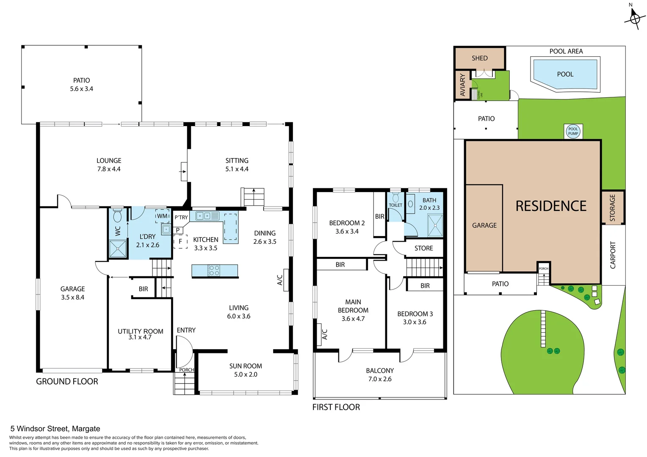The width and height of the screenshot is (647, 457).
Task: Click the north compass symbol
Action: click(x=635, y=18)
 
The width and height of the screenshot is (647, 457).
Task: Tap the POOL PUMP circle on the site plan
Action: click(x=573, y=131)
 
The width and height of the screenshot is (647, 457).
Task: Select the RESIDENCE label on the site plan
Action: click(x=550, y=206)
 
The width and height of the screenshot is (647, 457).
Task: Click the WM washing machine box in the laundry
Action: click(x=162, y=216)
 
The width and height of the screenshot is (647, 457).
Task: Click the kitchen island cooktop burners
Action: click(x=214, y=270)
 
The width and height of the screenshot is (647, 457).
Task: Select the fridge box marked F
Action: click(x=180, y=242)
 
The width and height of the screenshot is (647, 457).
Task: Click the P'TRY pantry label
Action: click(x=181, y=217)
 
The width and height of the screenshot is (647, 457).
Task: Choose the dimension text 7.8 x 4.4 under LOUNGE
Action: click(x=109, y=169)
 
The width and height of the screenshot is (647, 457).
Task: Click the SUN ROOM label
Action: click(x=246, y=366)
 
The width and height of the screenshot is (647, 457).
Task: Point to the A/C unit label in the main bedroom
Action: click(x=325, y=334)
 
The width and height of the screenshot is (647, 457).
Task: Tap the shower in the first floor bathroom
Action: click(x=435, y=225)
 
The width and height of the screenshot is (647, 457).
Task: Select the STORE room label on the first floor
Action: click(x=423, y=248)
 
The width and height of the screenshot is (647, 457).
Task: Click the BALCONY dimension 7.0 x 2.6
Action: click(x=380, y=379)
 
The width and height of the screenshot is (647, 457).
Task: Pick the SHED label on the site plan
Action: click(x=480, y=58)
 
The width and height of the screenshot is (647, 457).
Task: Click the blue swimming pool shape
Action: click(x=565, y=74)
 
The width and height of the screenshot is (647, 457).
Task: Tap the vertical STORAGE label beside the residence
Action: click(x=612, y=208)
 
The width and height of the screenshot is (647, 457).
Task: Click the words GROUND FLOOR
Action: click(x=67, y=381)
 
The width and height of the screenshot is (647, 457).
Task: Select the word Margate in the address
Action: click(x=86, y=429)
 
